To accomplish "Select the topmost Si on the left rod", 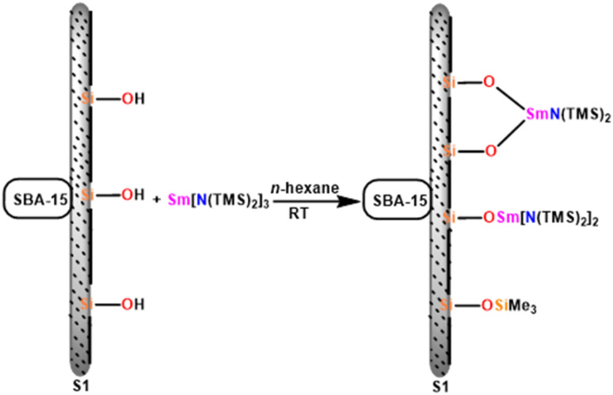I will coord(89,99).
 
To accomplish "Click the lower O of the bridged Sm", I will coord(489,148).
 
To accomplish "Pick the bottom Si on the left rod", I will coord(89,303).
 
